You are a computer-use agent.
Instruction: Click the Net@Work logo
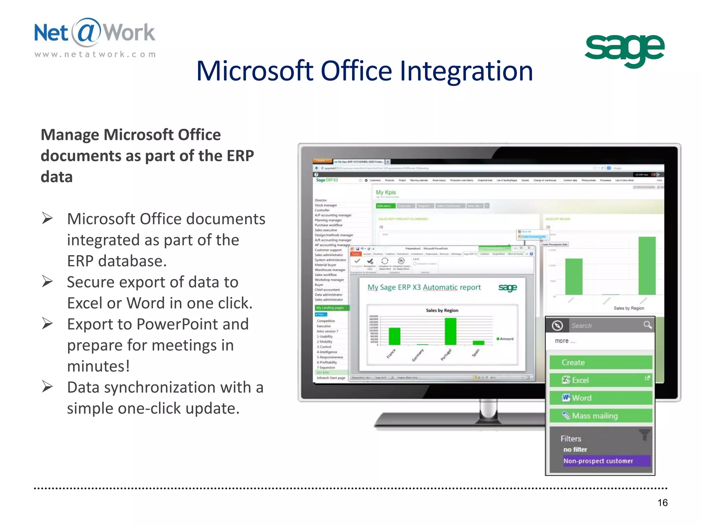(x=95, y=33)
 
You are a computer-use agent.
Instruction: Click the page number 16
(x=662, y=502)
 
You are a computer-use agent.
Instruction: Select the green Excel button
(x=601, y=380)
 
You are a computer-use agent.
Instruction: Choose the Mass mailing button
(x=601, y=416)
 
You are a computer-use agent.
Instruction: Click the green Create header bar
(x=601, y=362)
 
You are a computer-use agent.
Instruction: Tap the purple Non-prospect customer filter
(x=606, y=461)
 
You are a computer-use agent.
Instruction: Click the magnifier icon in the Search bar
(x=647, y=325)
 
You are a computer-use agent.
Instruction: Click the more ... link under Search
(x=565, y=341)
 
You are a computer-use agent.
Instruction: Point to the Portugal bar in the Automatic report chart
(x=450, y=331)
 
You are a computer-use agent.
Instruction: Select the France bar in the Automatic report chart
(x=395, y=336)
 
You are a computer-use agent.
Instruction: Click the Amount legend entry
(x=505, y=339)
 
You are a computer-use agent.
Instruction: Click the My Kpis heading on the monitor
(x=386, y=192)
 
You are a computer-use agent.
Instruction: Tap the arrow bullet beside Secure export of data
(x=47, y=281)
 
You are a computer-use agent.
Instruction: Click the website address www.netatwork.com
(x=95, y=54)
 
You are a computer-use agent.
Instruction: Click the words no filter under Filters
(x=575, y=449)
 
